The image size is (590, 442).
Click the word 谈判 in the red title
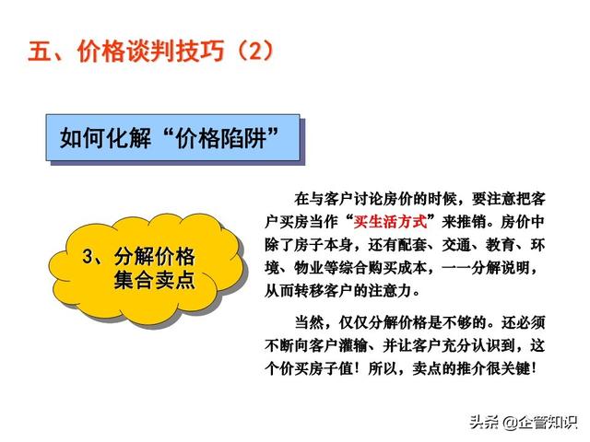pos(150,51)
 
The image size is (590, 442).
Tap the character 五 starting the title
pos(40,51)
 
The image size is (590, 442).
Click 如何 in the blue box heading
pos(82,138)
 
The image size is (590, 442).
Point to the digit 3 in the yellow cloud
pos(88,256)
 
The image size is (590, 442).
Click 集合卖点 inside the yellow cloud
pos(154,280)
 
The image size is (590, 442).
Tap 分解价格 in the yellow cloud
pos(154,256)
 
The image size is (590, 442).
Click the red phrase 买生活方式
pos(390,222)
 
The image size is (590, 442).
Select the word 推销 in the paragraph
pos(471,222)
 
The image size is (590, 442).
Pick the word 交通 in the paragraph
pos(456,245)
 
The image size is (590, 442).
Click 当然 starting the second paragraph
pos(309,322)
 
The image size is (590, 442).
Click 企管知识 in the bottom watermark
pos(547,423)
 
